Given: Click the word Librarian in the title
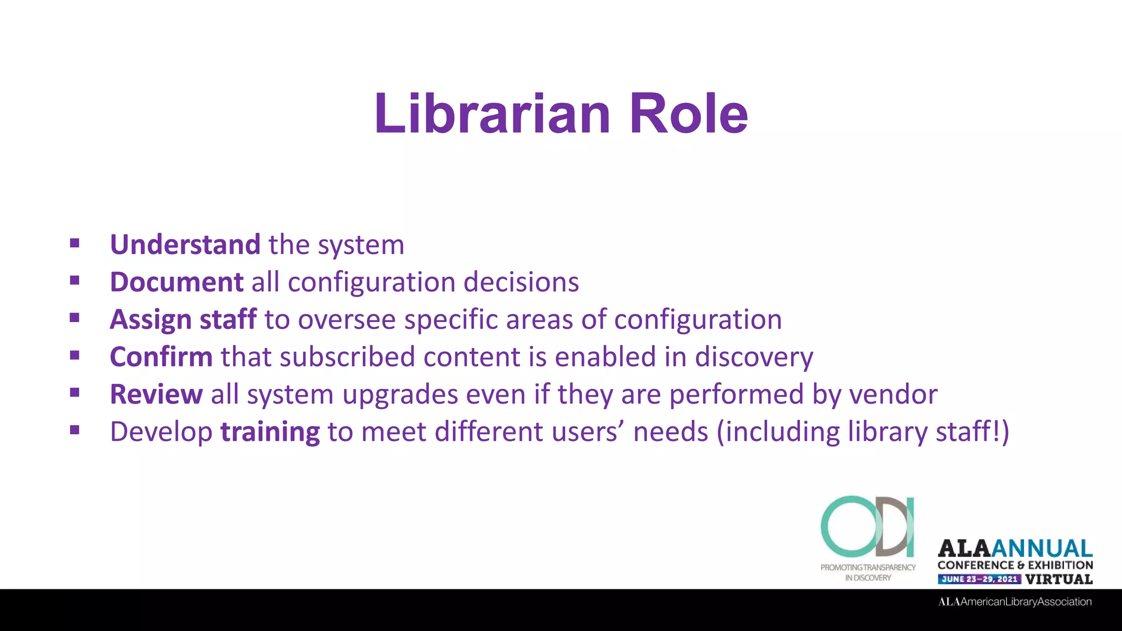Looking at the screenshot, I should coord(491,113).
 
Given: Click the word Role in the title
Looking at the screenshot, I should coord(689,113).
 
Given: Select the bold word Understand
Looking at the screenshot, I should coord(185,244).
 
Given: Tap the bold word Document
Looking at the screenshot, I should coord(176,282).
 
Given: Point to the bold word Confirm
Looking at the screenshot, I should coord(161,357).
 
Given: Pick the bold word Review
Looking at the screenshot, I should coord(156,394).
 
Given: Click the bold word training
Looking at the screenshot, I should coord(270,432).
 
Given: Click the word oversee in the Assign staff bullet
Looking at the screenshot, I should coord(347,319).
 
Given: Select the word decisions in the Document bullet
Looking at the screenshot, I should coord(521,282).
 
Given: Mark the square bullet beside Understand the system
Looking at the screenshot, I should coord(75,243).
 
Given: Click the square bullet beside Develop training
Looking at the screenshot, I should coord(75,430).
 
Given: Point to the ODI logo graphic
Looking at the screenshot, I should coord(868,526).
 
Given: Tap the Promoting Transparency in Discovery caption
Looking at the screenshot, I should coord(868,572).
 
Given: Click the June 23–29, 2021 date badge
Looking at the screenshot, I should coord(979,579).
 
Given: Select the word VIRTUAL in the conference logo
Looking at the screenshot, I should coord(1059,579).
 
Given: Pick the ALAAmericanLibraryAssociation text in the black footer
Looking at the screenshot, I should coord(1015,602).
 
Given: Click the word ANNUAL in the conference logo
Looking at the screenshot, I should coord(1042,548).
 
